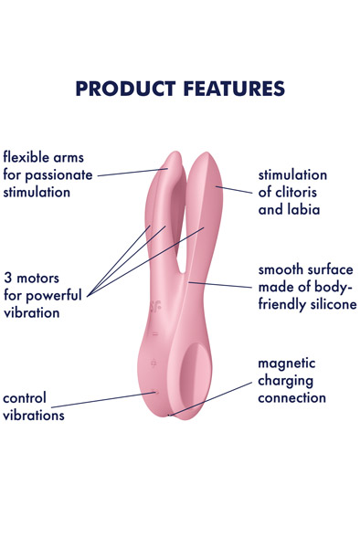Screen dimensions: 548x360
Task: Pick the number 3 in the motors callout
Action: point(7,277)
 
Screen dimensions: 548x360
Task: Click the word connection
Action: point(291,398)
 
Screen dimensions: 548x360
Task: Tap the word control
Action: point(25,398)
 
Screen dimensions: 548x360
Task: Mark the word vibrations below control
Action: point(34,416)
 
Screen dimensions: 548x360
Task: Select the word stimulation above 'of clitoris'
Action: point(292,174)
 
